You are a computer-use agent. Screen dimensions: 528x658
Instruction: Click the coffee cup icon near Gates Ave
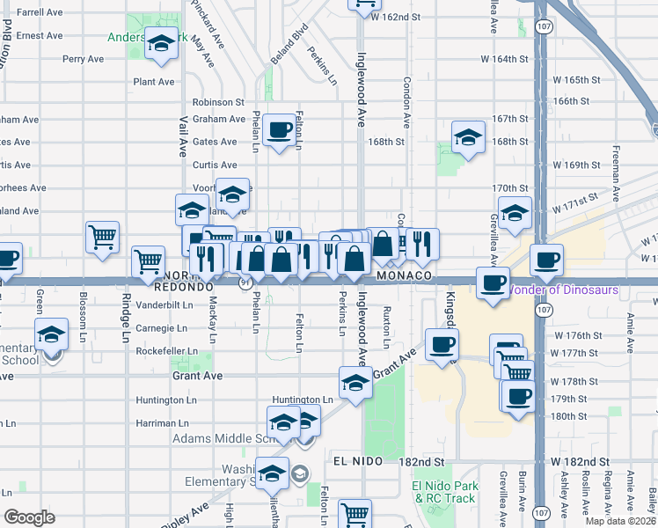[x=280, y=130]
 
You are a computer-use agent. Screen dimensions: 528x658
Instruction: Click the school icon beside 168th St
[x=468, y=136]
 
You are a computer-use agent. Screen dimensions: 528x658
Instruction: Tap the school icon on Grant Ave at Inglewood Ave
[x=355, y=383]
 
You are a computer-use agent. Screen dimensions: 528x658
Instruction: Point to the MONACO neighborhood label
[x=406, y=275]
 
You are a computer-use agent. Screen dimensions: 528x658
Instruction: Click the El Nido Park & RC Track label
[x=443, y=492]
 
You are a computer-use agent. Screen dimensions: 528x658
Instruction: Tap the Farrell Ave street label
[x=40, y=12]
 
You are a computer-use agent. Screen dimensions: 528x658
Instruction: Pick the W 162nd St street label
[x=403, y=17]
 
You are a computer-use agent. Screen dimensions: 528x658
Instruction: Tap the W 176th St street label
[x=574, y=336]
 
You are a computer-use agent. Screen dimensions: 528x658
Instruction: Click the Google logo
[x=29, y=517]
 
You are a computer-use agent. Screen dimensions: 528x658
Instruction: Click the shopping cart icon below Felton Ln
[x=355, y=513]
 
